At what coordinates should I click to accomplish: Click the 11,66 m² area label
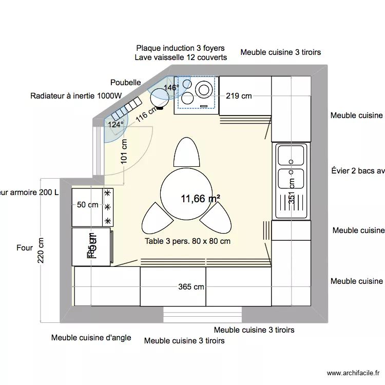pyautogui.click(x=200, y=199)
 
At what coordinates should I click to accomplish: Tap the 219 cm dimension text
pyautogui.click(x=239, y=95)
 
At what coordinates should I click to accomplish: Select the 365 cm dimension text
pyautogui.click(x=191, y=287)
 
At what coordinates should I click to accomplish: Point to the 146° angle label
pyautogui.click(x=171, y=88)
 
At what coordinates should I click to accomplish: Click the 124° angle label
pyautogui.click(x=116, y=124)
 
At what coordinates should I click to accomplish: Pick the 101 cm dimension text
pyautogui.click(x=124, y=151)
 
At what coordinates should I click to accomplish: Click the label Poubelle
pyautogui.click(x=125, y=82)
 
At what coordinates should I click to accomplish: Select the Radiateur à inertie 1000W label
pyautogui.click(x=76, y=95)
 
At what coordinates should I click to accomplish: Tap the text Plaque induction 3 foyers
pyautogui.click(x=180, y=48)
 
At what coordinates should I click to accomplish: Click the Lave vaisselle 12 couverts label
pyautogui.click(x=181, y=57)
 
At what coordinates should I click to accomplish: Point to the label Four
pyautogui.click(x=25, y=248)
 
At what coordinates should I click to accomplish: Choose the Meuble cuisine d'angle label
pyautogui.click(x=91, y=338)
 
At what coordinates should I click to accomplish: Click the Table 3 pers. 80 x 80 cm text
pyautogui.click(x=187, y=241)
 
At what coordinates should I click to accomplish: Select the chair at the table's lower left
pyautogui.click(x=156, y=218)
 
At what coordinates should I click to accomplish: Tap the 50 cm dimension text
pyautogui.click(x=87, y=205)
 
